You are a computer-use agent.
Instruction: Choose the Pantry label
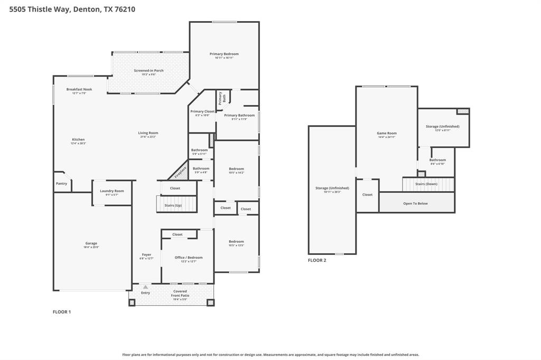click(x=61, y=184)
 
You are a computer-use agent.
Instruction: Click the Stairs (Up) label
click(x=173, y=205)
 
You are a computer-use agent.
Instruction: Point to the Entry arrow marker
click(x=145, y=287)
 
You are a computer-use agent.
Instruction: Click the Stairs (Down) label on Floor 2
click(x=426, y=184)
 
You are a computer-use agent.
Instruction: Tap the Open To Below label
click(x=415, y=203)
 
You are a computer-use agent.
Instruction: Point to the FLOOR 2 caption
click(x=317, y=260)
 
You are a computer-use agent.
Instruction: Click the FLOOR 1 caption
click(x=62, y=312)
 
